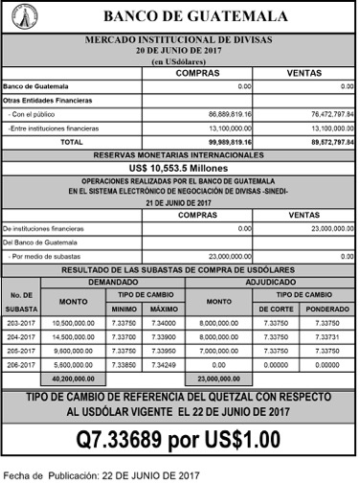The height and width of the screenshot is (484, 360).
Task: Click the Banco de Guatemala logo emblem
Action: pyautogui.click(x=20, y=16)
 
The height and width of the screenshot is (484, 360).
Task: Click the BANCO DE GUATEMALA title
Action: pyautogui.click(x=194, y=17)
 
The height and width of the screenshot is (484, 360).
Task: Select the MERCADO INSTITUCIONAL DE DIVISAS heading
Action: pyautogui.click(x=178, y=39)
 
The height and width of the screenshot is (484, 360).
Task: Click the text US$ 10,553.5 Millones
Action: pyautogui.click(x=178, y=166)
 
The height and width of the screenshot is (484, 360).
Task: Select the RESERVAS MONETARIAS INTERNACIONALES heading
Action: pyautogui.click(x=178, y=153)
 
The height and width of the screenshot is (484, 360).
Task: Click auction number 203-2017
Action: pyautogui.click(x=20, y=324)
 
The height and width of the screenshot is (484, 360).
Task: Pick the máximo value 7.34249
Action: pyautogui.click(x=164, y=365)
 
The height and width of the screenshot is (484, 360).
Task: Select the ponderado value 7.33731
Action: pyautogui.click(x=326, y=337)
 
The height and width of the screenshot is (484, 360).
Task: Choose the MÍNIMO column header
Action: pyautogui.click(x=124, y=310)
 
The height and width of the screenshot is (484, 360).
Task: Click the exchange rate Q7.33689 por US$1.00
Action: pyautogui.click(x=178, y=440)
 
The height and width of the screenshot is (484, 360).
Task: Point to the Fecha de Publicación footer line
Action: pyautogui.click(x=101, y=474)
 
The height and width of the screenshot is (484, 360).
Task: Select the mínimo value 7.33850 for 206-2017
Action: pyautogui.click(x=124, y=365)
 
